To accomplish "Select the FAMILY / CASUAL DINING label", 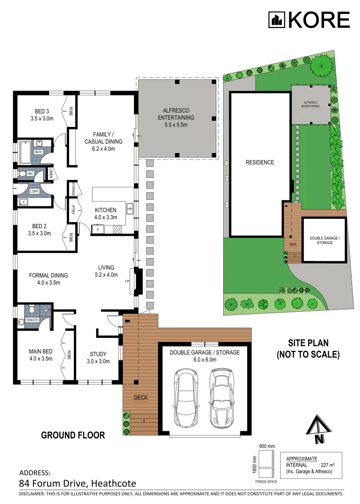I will tap(103, 141).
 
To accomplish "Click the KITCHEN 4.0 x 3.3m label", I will tap(106, 213).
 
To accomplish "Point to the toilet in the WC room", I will tap(23, 174).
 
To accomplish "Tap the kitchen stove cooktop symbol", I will tap(117, 229).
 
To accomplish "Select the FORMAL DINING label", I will tap(42, 279).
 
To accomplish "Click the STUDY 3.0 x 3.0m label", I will tap(98, 357).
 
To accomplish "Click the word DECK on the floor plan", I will tap(141, 398).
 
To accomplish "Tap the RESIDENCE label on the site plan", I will tap(260, 162).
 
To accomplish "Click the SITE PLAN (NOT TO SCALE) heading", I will tap(307, 349).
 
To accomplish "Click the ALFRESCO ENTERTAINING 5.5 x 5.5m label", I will tap(176, 118).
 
